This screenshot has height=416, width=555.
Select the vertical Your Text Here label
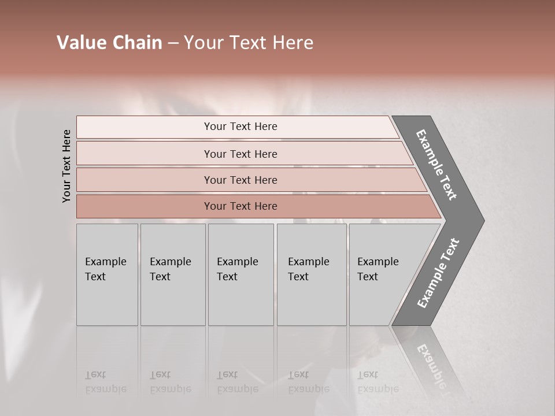(x=66, y=166)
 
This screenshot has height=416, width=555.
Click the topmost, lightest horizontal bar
(x=240, y=127)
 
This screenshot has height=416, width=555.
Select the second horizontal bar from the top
(x=240, y=154)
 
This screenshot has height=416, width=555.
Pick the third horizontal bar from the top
(x=240, y=180)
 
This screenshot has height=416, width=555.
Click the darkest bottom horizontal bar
(x=240, y=206)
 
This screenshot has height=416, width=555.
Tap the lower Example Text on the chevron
(x=438, y=273)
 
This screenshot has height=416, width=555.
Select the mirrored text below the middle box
(x=237, y=382)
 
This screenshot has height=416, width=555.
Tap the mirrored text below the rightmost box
(x=378, y=382)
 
